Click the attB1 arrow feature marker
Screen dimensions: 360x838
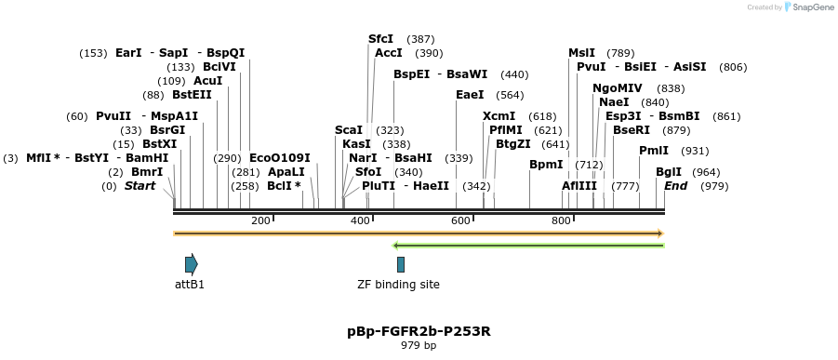(x=191, y=263)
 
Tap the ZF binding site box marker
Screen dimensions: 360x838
(x=400, y=264)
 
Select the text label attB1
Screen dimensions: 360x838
(x=190, y=285)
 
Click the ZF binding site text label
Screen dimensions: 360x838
(x=399, y=285)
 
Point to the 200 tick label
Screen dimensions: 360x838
(x=260, y=220)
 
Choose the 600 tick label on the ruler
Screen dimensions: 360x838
(x=460, y=220)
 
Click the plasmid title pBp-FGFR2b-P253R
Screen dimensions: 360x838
(x=419, y=331)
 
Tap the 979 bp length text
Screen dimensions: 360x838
(x=419, y=346)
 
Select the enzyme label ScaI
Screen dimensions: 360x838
(x=349, y=130)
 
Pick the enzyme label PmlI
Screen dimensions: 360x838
(x=654, y=151)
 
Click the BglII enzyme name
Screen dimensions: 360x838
(x=669, y=172)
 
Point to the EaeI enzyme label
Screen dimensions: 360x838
(x=470, y=95)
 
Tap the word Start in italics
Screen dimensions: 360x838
(x=140, y=186)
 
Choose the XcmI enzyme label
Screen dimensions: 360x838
(x=499, y=116)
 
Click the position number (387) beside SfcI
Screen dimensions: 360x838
(x=420, y=39)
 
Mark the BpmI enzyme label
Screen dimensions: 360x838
(x=546, y=165)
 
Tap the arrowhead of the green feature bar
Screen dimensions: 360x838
(x=397, y=246)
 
